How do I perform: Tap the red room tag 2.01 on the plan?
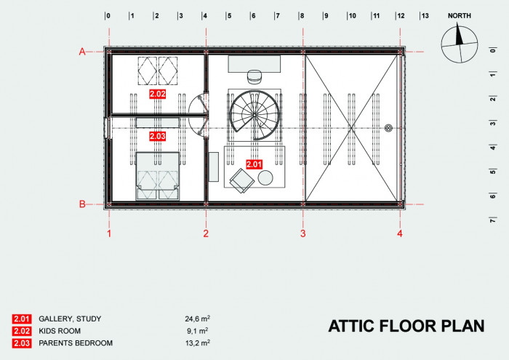pos(254,165)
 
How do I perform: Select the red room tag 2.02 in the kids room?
pos(158,94)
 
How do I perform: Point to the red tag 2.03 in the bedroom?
pos(158,136)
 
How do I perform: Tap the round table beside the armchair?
pos(265,178)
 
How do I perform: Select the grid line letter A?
pos(83,51)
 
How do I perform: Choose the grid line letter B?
pos(83,204)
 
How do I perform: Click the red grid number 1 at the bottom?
pos(109,233)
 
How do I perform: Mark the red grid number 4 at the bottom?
pos(399,233)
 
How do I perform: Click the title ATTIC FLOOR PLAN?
pos(406,325)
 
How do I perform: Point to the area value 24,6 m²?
pos(198,319)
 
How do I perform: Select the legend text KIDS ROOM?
pos(60,331)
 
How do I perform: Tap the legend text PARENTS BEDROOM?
pos(76,343)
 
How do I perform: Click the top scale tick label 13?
pos(425,15)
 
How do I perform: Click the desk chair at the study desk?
pos(254,75)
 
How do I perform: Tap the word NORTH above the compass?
pos(459,15)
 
